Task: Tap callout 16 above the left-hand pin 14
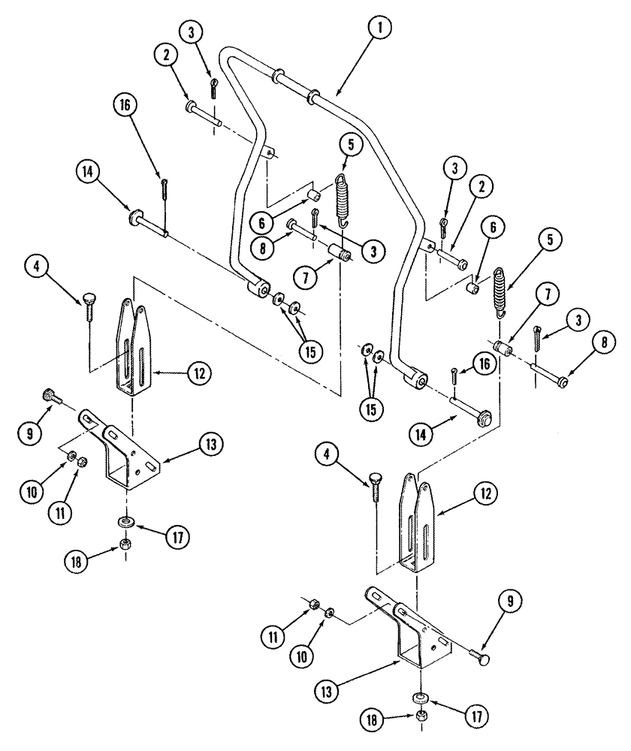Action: pos(125,108)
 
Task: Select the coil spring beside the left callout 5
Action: pos(343,199)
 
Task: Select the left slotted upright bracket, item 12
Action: pos(135,345)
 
